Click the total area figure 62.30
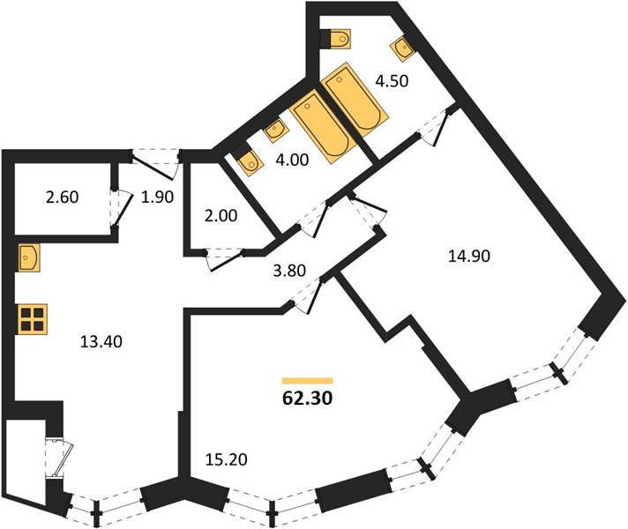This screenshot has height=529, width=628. [307, 398]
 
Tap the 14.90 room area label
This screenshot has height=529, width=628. [469, 256]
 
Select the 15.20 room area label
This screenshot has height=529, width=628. [226, 459]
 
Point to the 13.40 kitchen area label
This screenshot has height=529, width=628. [101, 341]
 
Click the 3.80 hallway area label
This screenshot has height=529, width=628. [289, 271]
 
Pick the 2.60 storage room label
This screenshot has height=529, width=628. [62, 197]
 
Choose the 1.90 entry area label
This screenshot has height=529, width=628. [157, 197]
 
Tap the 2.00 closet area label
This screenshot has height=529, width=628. [221, 216]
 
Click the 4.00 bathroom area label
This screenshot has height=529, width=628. [292, 160]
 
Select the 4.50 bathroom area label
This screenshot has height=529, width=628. [392, 81]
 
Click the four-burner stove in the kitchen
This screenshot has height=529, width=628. [33, 319]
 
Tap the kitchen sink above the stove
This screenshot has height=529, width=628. [29, 258]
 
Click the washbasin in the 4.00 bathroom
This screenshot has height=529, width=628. [275, 130]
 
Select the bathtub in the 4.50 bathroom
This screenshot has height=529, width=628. [355, 100]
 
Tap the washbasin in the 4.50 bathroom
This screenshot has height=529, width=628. [402, 48]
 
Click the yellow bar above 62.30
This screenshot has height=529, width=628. [308, 381]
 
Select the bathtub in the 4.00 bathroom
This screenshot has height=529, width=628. [323, 127]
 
